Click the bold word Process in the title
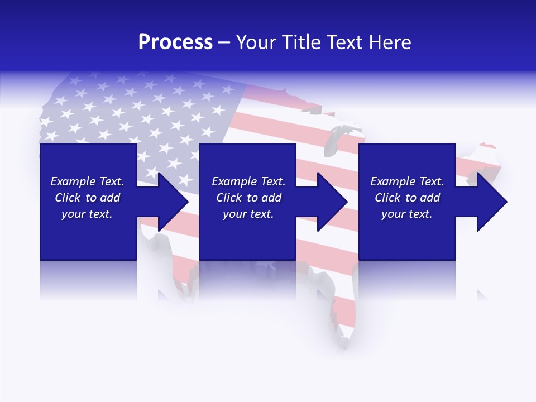pyautogui.click(x=175, y=42)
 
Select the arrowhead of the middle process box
pyautogui.click(x=332, y=202)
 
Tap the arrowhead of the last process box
pyautogui.click(x=491, y=202)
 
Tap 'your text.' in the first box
pyautogui.click(x=87, y=214)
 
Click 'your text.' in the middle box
pyautogui.click(x=248, y=214)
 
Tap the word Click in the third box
pyautogui.click(x=387, y=198)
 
